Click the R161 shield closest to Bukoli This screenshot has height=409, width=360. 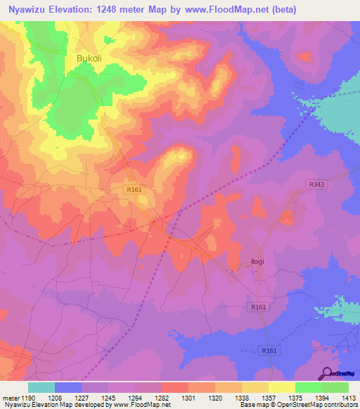click(x=135, y=190)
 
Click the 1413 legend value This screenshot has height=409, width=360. click(x=349, y=398)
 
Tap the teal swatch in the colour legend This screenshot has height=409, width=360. click(x=41, y=387)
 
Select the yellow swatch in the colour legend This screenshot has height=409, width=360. click(x=281, y=387)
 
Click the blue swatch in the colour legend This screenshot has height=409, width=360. click(x=68, y=387)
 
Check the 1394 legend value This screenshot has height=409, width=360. click(x=323, y=398)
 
